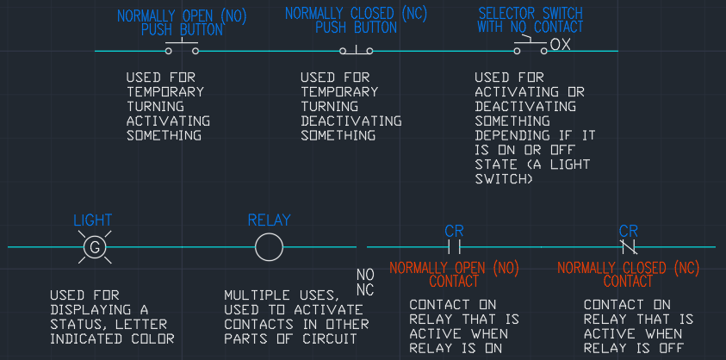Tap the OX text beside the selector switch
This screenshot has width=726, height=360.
561,44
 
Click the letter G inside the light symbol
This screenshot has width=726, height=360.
94,248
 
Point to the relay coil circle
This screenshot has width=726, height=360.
269,247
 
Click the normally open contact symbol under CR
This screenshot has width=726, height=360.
454,247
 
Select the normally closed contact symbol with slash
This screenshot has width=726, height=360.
629,247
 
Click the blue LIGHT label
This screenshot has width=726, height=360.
92,220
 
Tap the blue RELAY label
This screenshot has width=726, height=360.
270,220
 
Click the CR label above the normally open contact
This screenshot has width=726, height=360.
454,231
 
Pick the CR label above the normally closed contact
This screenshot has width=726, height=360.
629,231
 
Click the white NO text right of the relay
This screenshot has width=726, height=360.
365,275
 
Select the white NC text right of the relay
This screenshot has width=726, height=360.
365,290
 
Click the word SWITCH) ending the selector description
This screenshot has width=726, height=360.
505,179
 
